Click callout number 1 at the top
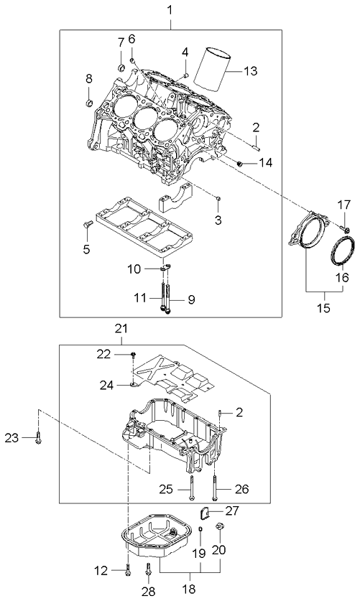click(170, 11)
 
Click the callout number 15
click(325, 309)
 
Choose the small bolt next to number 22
click(134, 355)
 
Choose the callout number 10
click(134, 269)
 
